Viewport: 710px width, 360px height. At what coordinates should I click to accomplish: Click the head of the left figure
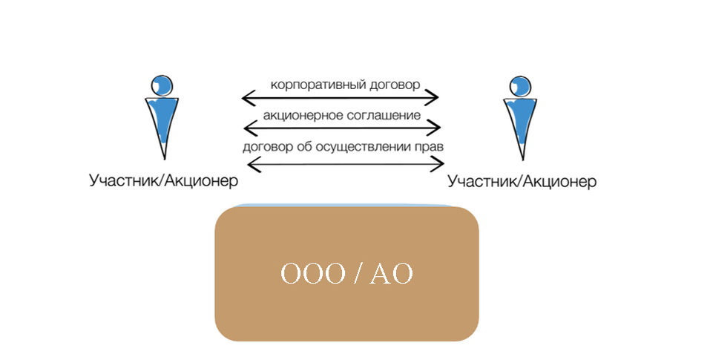tap(161, 84)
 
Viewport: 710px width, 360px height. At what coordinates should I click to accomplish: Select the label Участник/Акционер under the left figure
tap(163, 180)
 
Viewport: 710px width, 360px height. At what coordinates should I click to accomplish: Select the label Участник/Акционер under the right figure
tap(522, 181)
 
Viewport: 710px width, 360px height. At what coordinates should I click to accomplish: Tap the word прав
tap(430, 146)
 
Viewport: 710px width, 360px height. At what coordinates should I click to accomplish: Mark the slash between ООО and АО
tap(358, 274)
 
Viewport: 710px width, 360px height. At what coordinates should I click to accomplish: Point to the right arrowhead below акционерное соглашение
tap(435, 128)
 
